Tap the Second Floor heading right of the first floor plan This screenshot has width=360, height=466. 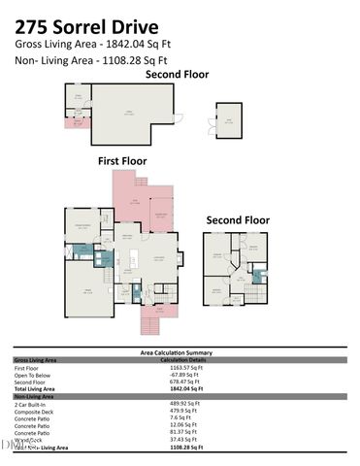237,220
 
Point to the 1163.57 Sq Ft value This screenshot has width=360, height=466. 185,368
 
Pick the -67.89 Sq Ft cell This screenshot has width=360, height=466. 184,375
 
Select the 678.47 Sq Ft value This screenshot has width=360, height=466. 184,382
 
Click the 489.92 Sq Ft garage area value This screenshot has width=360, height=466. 184,403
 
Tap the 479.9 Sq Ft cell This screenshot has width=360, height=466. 183,411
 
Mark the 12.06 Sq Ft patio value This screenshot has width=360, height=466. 183,424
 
